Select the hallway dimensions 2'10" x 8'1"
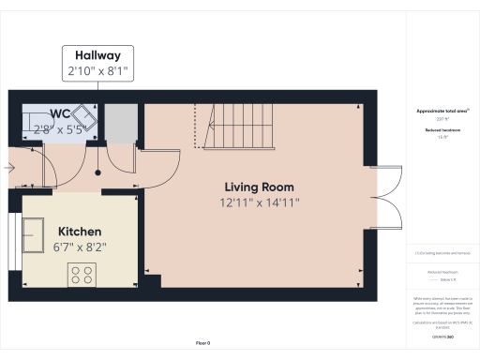[97, 69]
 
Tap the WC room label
[60, 114]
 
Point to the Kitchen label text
[81, 231]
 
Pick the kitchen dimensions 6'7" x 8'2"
[81, 247]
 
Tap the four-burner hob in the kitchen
[82, 275]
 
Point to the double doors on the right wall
[384, 197]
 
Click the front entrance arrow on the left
[8, 169]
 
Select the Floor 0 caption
[202, 344]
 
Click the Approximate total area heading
[442, 111]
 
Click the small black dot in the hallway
[99, 172]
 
